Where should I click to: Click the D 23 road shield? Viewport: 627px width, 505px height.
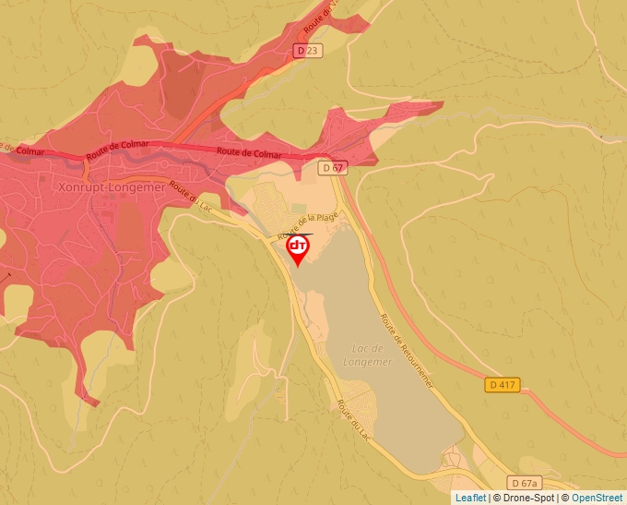tap(310, 51)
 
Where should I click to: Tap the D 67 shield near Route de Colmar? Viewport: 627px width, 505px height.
tap(333, 168)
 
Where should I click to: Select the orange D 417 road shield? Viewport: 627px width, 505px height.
tap(502, 384)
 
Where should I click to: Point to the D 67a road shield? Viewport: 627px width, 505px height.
tap(524, 483)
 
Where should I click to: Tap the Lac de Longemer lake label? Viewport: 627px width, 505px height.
tap(373, 355)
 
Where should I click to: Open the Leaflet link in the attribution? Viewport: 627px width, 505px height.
tap(470, 498)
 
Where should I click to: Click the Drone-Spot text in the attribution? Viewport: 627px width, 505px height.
tap(530, 498)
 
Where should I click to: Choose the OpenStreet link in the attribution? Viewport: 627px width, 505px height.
tap(597, 498)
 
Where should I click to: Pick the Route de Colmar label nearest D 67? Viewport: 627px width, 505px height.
tap(249, 152)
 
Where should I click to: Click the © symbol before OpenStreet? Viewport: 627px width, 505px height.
tap(565, 498)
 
